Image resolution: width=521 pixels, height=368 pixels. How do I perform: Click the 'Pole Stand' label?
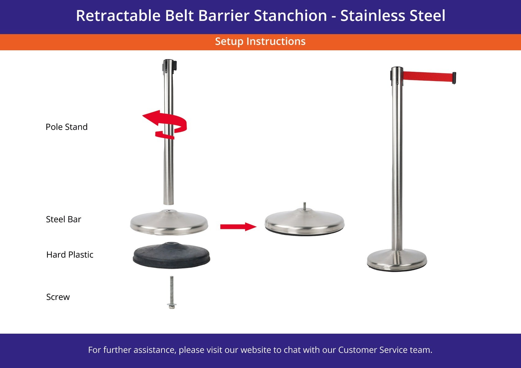pos(67,127)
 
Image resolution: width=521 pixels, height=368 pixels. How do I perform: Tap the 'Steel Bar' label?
pos(63,219)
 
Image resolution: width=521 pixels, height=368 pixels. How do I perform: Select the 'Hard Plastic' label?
pos(70,255)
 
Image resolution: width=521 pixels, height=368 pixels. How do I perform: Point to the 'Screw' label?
pos(58,297)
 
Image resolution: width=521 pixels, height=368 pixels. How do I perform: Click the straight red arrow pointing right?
pos(238,227)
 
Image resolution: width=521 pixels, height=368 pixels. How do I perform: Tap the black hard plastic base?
pos(171,255)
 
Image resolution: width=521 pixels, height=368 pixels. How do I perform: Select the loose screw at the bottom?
pos(172,293)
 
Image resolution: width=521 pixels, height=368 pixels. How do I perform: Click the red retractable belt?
pos(428,77)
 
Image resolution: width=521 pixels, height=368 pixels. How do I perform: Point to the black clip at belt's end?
pos(454,78)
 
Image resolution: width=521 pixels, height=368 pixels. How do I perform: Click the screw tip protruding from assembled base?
pos(304,206)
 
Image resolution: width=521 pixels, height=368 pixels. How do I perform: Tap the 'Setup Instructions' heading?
pos(260,41)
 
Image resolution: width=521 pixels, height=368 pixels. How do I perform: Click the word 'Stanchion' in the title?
pos(291,16)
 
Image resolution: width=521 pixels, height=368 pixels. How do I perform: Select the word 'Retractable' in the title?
pos(118,16)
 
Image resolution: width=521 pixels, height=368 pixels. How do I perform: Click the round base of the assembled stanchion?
pos(397,260)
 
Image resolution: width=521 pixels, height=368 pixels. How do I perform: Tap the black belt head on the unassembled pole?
pos(169,65)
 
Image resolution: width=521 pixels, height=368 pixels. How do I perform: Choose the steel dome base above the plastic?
pos(169,223)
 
